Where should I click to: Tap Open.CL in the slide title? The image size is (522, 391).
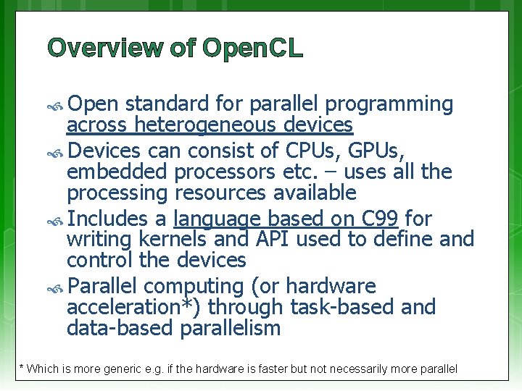click(253, 48)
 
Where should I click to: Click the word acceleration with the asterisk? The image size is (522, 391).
click(133, 307)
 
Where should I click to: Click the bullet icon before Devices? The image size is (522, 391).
click(57, 151)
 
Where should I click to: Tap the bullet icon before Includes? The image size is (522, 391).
click(57, 219)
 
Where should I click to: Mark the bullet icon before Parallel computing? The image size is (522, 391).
click(57, 287)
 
